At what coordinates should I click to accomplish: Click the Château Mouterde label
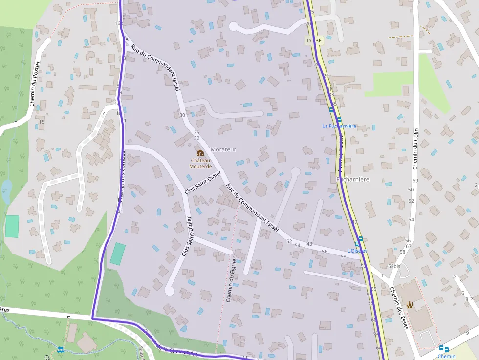[200, 163]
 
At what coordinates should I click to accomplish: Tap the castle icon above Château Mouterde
[200, 153]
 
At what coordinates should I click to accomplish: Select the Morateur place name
[223, 149]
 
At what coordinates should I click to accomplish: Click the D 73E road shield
[314, 41]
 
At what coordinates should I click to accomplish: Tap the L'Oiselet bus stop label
[357, 251]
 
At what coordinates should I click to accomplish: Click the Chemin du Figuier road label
[231, 279]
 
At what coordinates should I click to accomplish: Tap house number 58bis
[394, 266]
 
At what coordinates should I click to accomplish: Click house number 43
[309, 244]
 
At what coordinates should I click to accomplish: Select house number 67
[408, 246]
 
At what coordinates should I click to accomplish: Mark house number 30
[182, 115]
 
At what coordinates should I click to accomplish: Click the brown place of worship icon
[410, 305]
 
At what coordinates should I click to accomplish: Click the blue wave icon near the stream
[60, 349]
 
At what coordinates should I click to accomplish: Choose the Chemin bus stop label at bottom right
[447, 356]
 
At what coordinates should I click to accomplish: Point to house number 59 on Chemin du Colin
[416, 181]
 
